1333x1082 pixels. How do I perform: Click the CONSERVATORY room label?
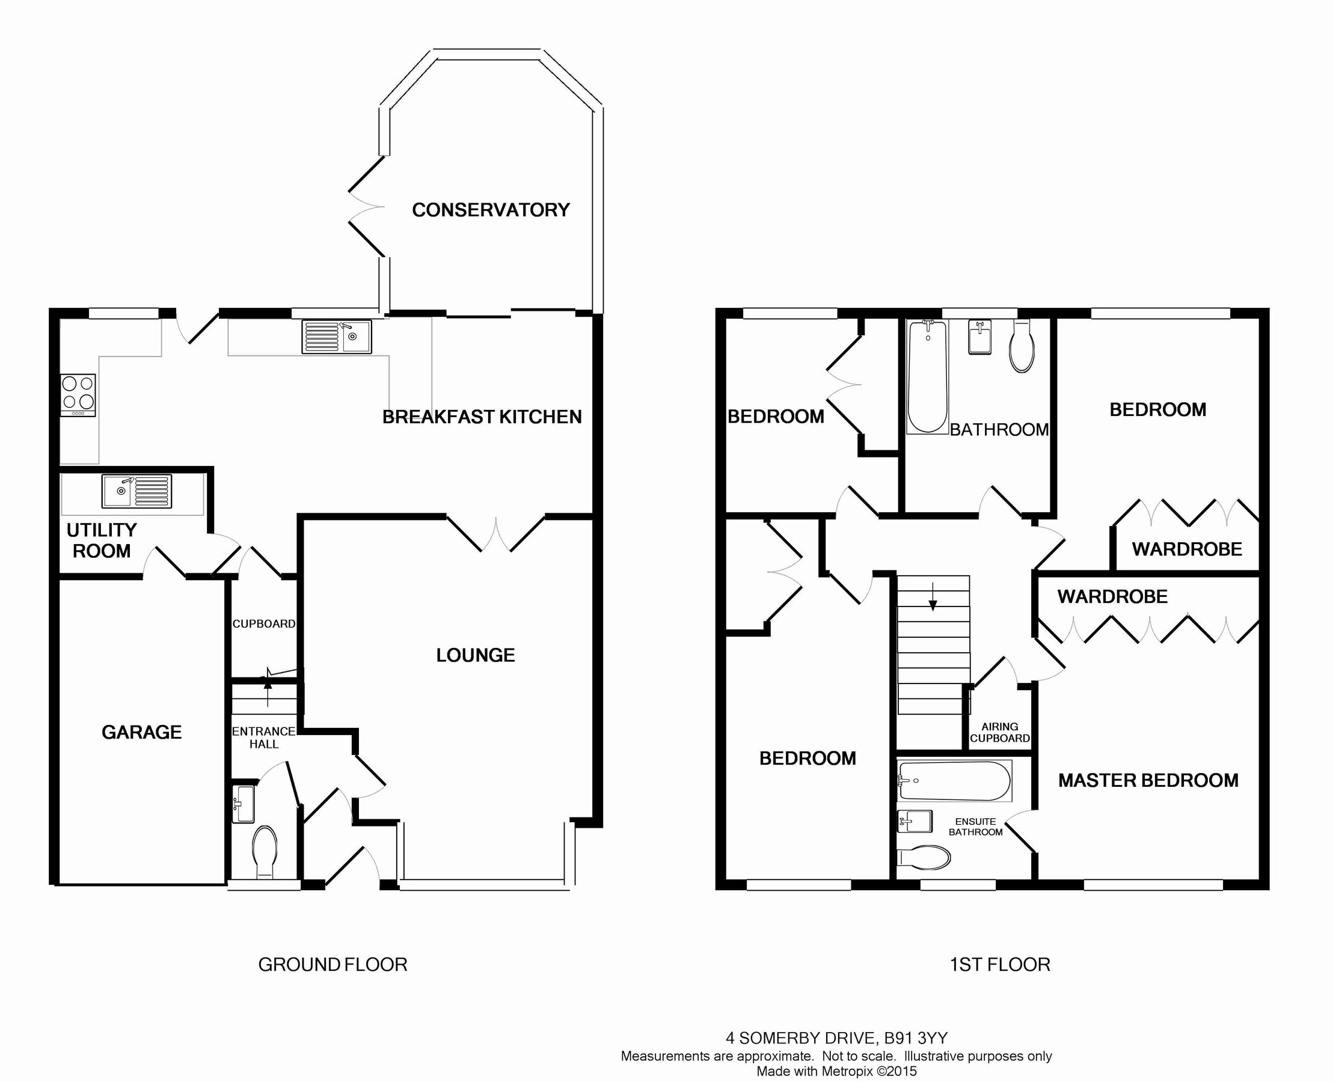click(491, 210)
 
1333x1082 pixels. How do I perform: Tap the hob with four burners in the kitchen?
click(78, 394)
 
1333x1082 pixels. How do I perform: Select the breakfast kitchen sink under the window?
click(337, 337)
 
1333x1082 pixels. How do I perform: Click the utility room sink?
click(136, 491)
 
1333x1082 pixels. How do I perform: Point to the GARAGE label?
click(141, 732)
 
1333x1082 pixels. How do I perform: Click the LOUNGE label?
click(475, 655)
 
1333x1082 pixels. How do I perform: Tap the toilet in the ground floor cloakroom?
click(265, 851)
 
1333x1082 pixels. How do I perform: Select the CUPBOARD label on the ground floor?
click(264, 624)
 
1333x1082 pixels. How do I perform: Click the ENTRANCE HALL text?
click(264, 738)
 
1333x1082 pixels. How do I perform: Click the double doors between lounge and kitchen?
click(496, 534)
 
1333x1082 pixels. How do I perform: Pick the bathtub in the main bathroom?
click(927, 377)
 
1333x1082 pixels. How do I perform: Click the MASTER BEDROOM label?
click(1148, 780)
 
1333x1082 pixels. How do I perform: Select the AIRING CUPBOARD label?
click(999, 732)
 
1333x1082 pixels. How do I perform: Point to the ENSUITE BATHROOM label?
click(975, 827)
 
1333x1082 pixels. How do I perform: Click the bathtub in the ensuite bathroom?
click(954, 781)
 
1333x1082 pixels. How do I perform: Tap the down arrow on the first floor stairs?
click(933, 596)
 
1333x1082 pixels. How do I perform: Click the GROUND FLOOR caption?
click(332, 964)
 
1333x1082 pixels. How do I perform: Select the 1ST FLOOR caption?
click(999, 964)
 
